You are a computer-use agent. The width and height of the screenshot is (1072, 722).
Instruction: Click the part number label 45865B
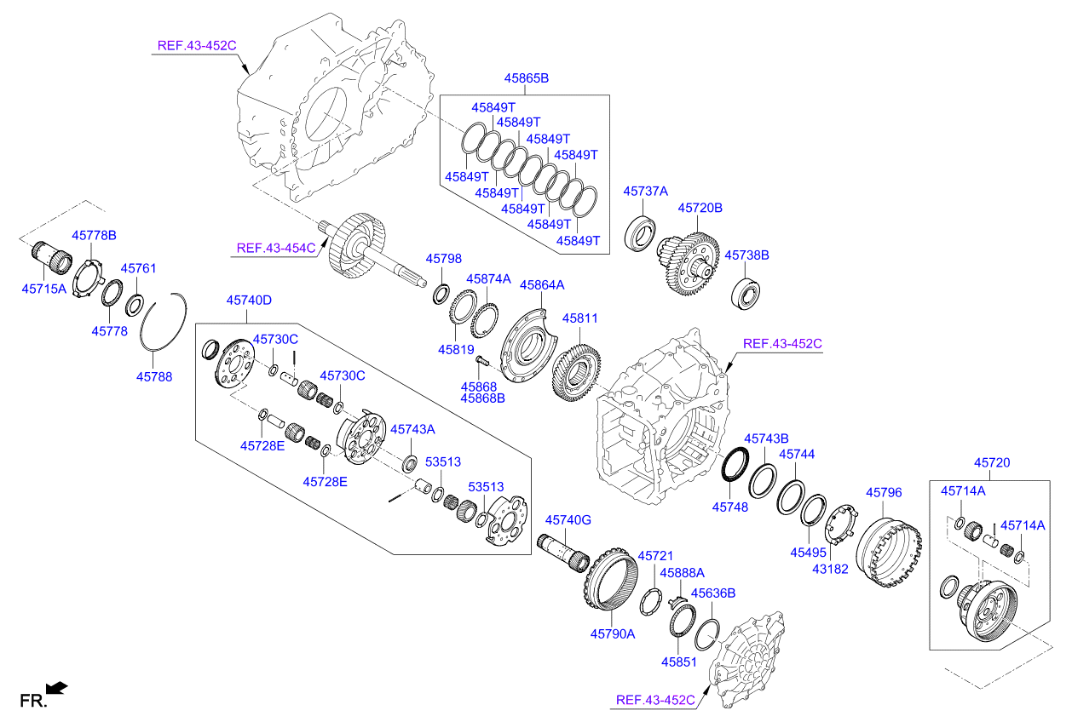click(x=526, y=77)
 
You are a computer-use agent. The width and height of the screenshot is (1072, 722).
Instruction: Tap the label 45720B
click(x=700, y=207)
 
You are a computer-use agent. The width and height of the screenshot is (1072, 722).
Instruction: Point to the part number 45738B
click(x=746, y=255)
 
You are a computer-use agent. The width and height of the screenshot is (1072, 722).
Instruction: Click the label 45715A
click(x=43, y=289)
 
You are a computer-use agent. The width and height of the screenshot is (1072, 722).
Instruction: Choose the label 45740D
click(x=249, y=300)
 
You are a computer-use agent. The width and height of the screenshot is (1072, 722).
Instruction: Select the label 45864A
click(x=542, y=284)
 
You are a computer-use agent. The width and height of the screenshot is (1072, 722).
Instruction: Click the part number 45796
click(x=884, y=492)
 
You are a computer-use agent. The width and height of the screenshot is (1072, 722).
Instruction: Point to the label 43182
click(x=831, y=569)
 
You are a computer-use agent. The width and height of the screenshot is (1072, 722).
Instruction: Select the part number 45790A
click(x=613, y=633)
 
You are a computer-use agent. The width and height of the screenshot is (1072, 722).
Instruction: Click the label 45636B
click(x=712, y=593)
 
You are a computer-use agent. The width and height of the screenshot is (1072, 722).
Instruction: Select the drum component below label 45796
click(x=890, y=544)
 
